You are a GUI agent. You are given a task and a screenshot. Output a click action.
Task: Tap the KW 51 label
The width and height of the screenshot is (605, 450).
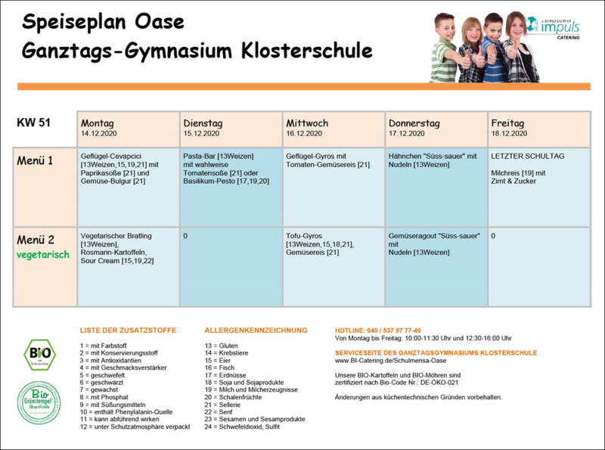[x=34, y=123]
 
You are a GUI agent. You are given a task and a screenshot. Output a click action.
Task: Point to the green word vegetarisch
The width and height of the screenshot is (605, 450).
[x=43, y=255]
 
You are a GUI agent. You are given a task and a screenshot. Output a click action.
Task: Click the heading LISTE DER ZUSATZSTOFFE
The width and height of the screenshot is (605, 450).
[x=128, y=331]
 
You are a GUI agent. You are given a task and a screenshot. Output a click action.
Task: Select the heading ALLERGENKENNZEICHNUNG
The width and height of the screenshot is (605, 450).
[x=256, y=331]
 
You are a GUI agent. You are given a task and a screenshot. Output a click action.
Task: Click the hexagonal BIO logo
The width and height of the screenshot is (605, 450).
[x=39, y=354]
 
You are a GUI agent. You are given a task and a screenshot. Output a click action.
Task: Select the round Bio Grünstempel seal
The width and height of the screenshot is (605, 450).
[x=39, y=403]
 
